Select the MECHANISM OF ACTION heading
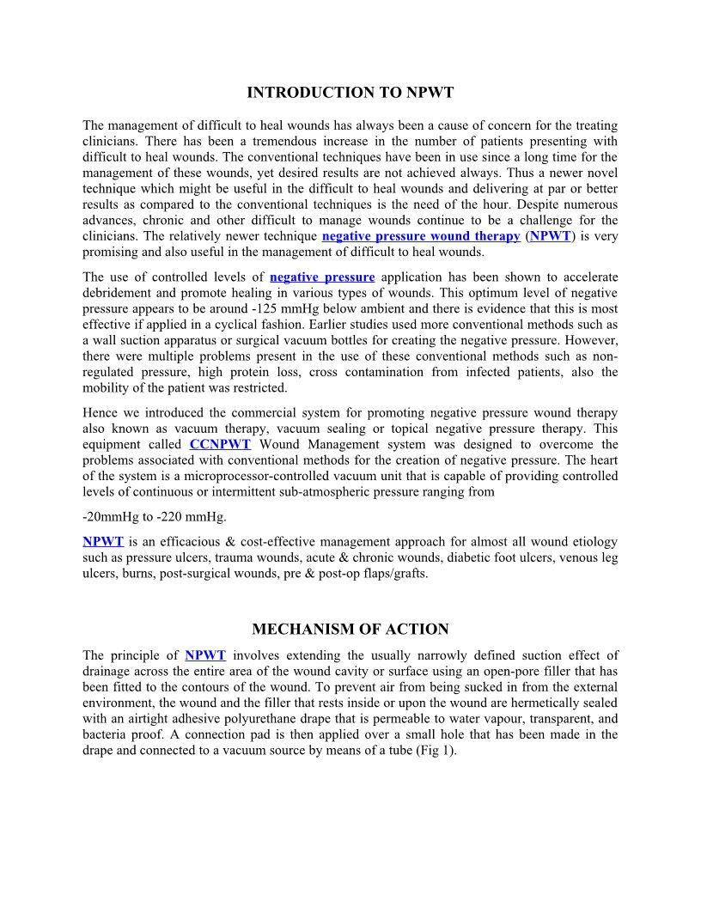pos(350,630)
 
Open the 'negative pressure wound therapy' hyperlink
pos(421,236)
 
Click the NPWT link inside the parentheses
pos(550,236)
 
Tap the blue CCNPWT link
pos(220,444)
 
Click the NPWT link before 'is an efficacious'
pos(103,542)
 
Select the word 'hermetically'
pos(536,703)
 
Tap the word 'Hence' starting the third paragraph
pos(100,412)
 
